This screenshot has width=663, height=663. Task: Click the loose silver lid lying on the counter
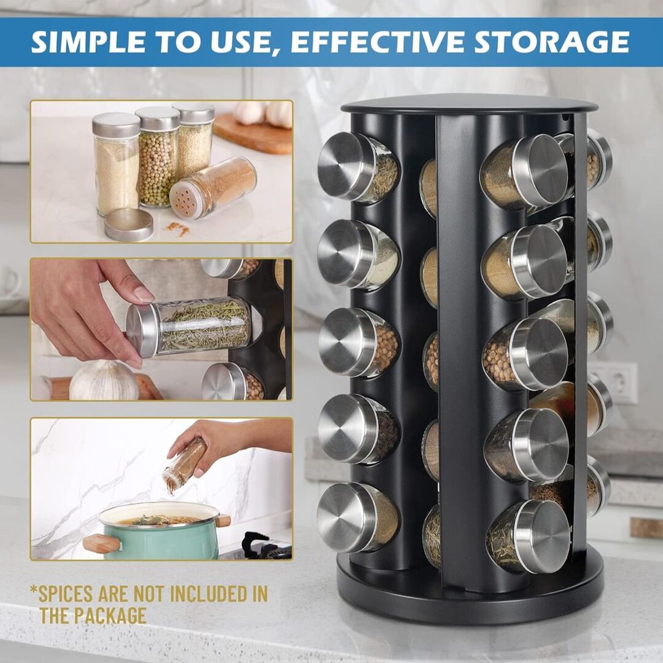click(x=128, y=225)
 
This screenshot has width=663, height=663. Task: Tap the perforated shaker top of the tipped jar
click(x=186, y=200)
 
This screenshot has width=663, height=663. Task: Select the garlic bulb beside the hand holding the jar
click(x=104, y=381)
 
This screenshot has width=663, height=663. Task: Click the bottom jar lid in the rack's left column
click(x=345, y=516)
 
